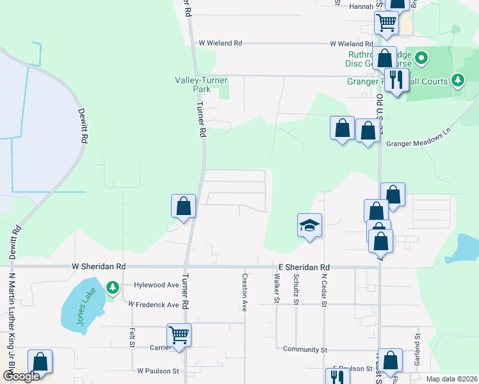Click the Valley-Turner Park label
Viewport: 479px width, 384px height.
(202, 84)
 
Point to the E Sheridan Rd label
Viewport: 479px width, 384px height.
(304, 267)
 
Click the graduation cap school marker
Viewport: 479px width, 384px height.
(309, 225)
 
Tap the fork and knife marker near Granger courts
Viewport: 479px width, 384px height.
(396, 80)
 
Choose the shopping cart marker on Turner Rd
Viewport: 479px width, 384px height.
(179, 335)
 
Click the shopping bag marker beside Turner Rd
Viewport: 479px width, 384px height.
(183, 206)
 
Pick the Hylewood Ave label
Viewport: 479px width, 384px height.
(156, 285)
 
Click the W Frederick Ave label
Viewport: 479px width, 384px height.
(154, 305)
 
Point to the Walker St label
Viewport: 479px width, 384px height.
(277, 287)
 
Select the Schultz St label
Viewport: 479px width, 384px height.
(296, 289)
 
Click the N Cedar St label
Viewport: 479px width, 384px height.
(324, 289)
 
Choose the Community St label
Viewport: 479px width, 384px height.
(305, 349)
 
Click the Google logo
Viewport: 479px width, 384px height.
(21, 376)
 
